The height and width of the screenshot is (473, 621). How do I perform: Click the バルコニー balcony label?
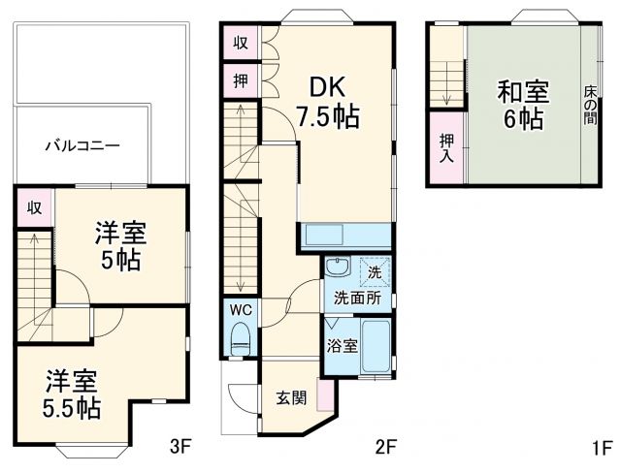[x=82, y=146]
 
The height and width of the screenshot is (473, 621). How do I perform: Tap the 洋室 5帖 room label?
[x=120, y=246]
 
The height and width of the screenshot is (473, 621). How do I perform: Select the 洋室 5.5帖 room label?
[x=69, y=394]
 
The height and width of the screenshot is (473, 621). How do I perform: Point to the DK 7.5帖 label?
[x=327, y=102]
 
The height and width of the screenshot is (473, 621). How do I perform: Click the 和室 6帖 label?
[x=523, y=106]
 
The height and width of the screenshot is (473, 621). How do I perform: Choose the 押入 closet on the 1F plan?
[x=446, y=146]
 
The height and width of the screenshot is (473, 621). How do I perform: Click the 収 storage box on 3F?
[x=34, y=207]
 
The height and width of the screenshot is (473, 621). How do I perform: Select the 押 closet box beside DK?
[x=240, y=80]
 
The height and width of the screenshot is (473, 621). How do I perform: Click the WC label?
[x=241, y=310]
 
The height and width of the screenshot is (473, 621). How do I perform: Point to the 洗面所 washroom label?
[x=358, y=298]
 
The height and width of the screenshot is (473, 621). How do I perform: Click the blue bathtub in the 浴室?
[x=376, y=347]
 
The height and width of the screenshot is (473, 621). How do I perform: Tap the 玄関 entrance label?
[x=291, y=396]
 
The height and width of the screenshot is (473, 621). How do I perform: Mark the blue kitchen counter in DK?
[x=345, y=236]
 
